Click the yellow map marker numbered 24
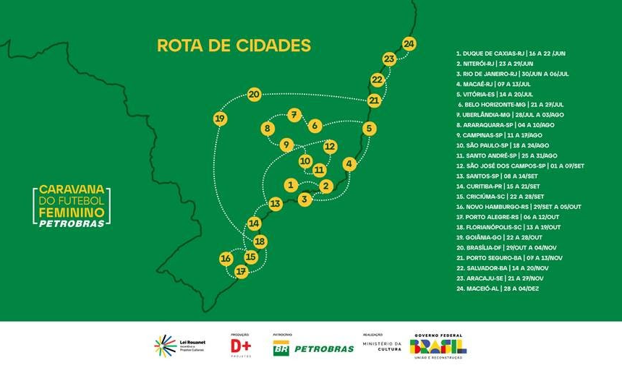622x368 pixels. tap(409, 43)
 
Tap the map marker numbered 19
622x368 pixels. tap(221, 118)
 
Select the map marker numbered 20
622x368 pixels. tap(254, 95)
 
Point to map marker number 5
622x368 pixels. tap(369, 129)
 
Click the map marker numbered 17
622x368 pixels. tap(241, 271)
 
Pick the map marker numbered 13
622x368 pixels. tap(276, 204)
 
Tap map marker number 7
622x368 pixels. tap(294, 114)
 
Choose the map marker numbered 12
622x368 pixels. tap(330, 146)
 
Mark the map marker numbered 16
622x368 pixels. tap(226, 258)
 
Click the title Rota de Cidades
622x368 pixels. tap(234, 46)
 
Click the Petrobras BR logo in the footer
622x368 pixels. tap(312, 348)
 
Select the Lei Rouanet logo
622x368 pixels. tap(179, 346)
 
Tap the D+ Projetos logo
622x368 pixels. tap(241, 346)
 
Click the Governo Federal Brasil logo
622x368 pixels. tap(438, 345)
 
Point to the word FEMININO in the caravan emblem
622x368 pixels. tap(72, 212)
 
